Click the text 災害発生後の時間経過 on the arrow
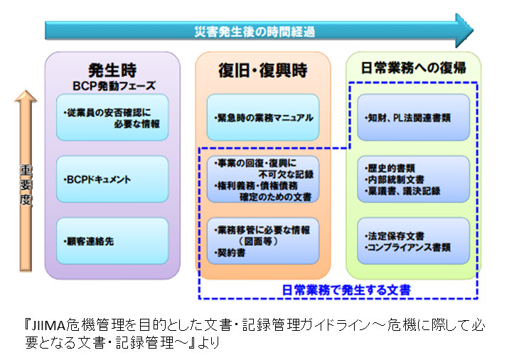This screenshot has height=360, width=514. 255,32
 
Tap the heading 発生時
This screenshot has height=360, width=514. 112,70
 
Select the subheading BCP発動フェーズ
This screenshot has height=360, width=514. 114,86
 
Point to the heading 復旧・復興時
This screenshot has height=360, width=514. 263,70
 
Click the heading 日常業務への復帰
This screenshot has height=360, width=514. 413,68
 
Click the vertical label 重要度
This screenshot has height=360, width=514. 26,185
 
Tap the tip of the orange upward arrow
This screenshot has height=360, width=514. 26,90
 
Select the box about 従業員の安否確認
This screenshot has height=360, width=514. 112,117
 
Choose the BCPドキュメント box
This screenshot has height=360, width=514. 112,179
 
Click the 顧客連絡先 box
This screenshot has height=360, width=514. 112,241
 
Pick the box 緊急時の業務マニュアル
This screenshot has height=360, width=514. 263,117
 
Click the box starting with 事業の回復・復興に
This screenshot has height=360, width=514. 263,179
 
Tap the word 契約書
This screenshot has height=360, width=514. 231,253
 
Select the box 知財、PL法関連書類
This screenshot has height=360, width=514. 413,117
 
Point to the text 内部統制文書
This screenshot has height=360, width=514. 396,179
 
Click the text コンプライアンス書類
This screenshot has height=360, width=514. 409,247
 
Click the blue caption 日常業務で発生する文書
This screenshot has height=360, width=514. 346,290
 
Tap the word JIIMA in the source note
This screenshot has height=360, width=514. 48,325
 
